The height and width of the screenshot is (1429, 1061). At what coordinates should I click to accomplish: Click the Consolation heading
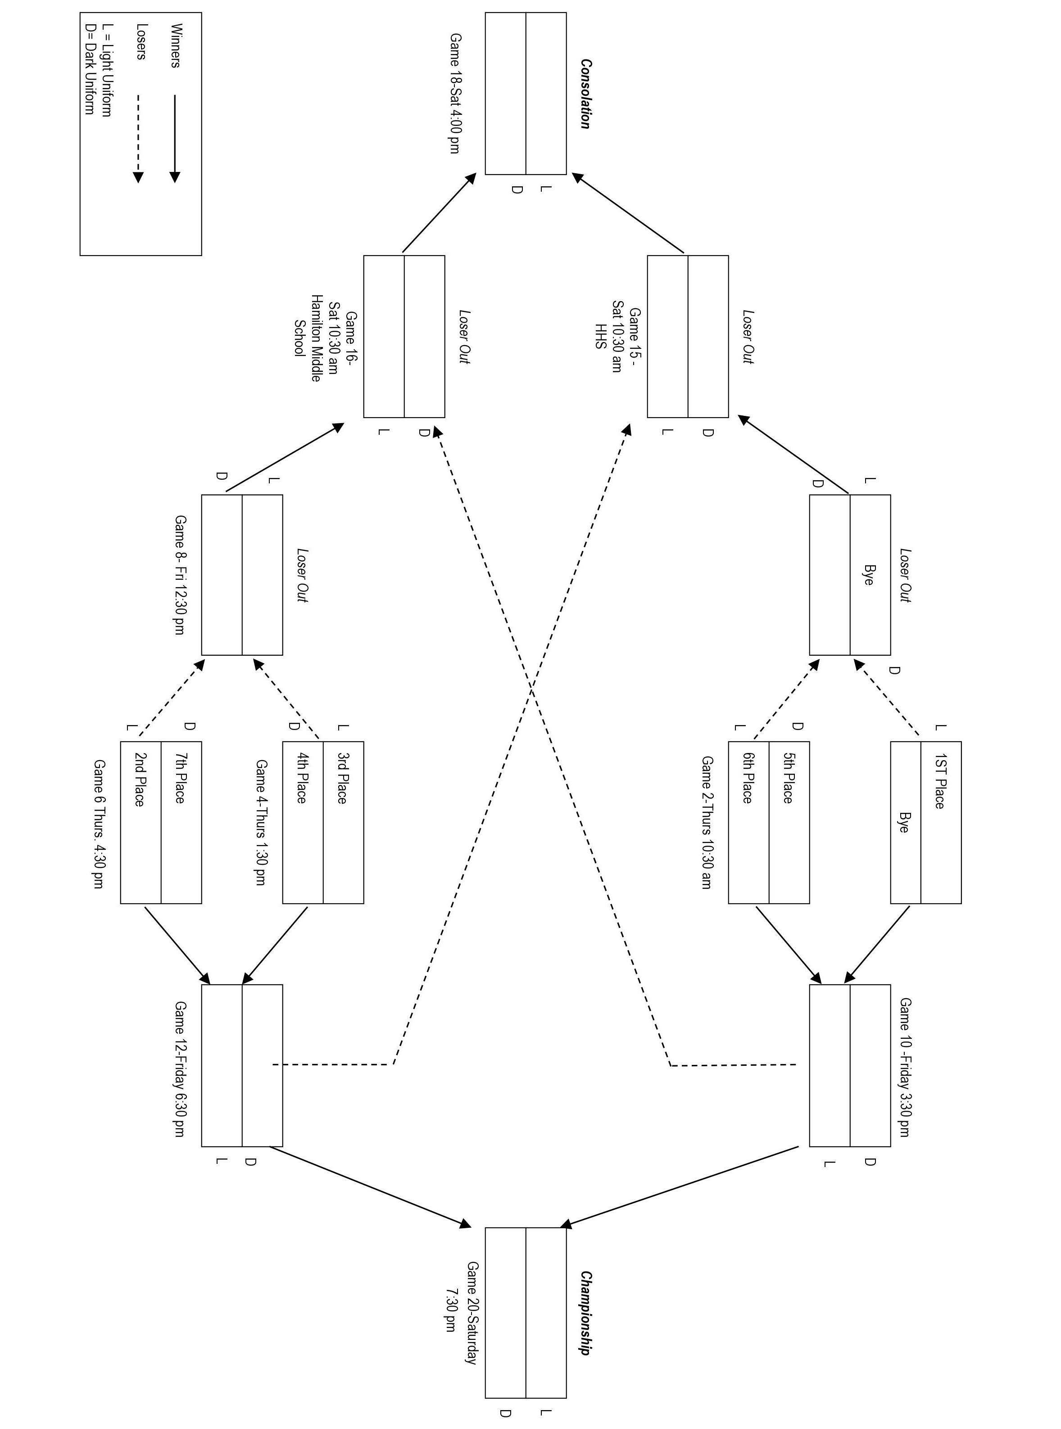pyautogui.click(x=585, y=94)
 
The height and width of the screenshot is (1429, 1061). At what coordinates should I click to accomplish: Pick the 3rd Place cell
pyautogui.click(x=342, y=778)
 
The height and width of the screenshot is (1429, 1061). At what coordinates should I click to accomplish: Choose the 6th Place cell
pyautogui.click(x=747, y=778)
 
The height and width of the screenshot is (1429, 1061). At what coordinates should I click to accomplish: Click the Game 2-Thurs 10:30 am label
pyautogui.click(x=707, y=822)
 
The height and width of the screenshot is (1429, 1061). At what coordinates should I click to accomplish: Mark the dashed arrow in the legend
pyautogui.click(x=138, y=139)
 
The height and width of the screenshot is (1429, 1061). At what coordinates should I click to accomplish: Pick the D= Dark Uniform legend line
pyautogui.click(x=90, y=69)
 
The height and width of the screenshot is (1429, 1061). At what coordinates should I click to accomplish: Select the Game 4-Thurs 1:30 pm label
pyautogui.click(x=261, y=822)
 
